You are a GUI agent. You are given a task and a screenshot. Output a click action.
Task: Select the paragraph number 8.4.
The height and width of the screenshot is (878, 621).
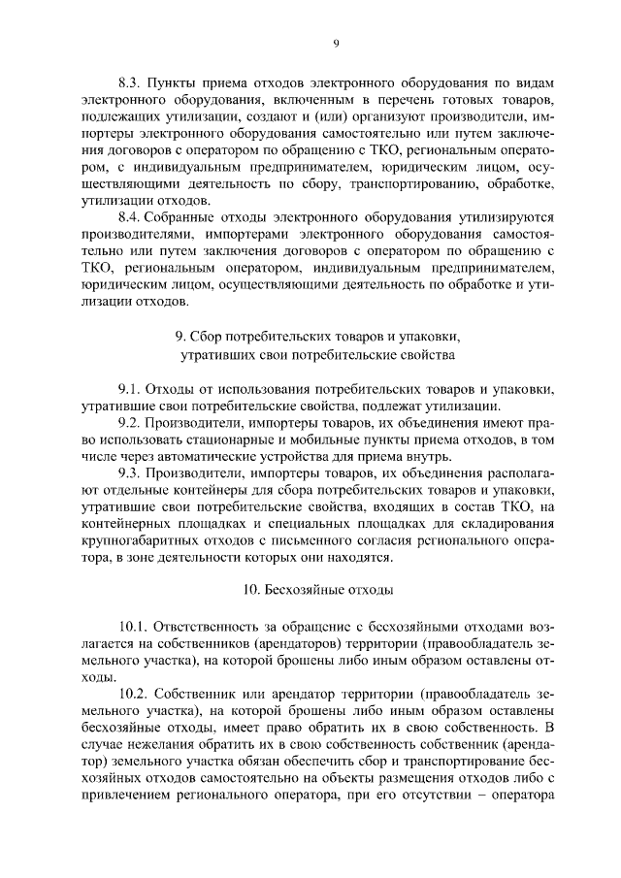[x=129, y=220]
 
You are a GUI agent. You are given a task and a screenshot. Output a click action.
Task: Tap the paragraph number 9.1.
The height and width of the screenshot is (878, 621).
[x=129, y=389]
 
